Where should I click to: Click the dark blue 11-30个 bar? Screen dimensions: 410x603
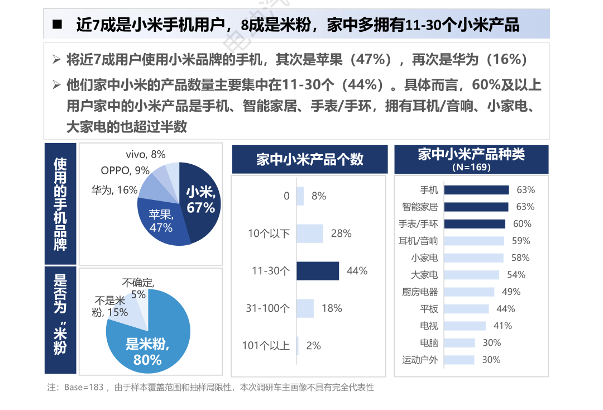tap(317, 271)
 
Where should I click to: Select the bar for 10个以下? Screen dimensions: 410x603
tap(309, 233)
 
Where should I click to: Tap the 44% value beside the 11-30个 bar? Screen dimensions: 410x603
tap(357, 271)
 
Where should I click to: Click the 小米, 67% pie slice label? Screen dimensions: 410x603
tap(200, 200)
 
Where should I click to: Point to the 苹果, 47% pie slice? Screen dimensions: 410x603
tap(161, 221)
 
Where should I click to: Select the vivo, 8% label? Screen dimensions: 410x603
tap(146, 155)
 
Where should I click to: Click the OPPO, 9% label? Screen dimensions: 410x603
tap(125, 171)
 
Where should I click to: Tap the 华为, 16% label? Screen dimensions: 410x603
tap(114, 190)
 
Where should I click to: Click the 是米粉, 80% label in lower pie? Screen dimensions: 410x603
tap(147, 352)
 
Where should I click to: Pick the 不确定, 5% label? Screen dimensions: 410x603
tap(138, 288)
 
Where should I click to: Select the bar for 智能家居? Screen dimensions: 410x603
tap(475, 207)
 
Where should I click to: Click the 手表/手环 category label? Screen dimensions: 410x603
tap(418, 224)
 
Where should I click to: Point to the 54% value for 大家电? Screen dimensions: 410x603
tap(516, 275)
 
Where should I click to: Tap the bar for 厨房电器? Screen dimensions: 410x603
tap(468, 292)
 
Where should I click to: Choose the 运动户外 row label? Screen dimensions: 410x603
tap(420, 360)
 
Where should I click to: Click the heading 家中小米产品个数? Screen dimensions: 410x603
tap(309, 159)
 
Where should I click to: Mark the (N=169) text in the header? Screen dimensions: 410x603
tap(471, 167)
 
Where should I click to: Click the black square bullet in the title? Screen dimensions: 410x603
tap(56, 25)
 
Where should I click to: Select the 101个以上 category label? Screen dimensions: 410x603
tap(266, 346)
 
